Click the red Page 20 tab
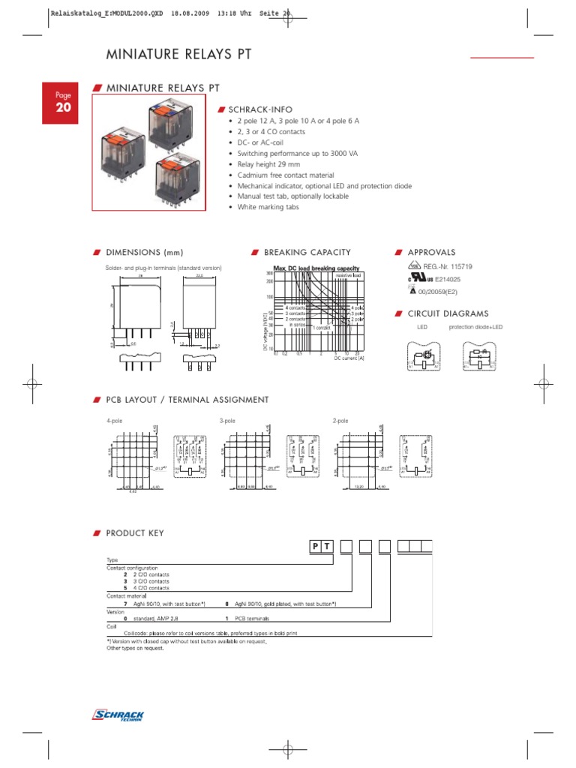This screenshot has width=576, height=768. [61, 103]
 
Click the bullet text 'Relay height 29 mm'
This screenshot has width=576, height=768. [268, 164]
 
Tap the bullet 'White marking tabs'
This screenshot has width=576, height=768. [268, 207]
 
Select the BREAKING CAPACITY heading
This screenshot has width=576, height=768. [307, 252]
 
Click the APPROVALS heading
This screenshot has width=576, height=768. [430, 252]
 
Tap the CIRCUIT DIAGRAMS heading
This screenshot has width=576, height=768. [447, 313]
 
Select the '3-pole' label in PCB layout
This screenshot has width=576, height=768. [227, 421]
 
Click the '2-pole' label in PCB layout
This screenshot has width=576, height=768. [340, 421]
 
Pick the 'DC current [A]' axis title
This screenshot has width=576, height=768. [349, 358]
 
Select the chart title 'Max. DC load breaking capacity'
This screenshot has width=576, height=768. [316, 268]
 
